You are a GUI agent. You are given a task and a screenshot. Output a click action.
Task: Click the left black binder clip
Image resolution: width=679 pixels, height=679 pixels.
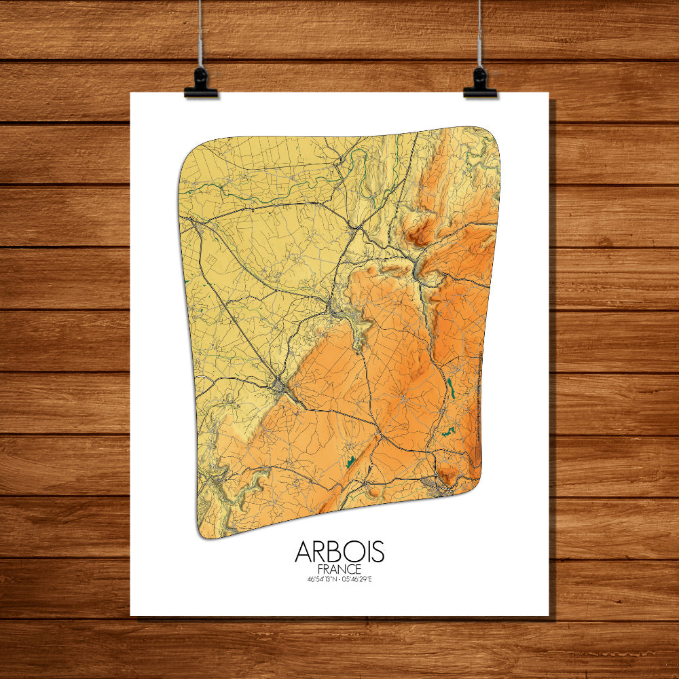click(201, 83)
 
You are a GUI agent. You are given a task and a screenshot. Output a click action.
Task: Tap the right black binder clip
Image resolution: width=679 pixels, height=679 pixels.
click(480, 83)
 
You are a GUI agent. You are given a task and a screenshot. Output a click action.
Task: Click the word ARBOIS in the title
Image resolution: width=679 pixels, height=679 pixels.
click(339, 552)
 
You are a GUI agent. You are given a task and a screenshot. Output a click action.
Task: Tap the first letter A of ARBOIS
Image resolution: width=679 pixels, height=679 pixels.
click(304, 552)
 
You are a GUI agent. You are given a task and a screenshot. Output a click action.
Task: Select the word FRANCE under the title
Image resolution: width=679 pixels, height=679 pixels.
click(339, 569)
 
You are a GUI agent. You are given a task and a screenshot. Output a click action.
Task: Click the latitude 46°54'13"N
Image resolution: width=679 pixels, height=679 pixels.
click(321, 579)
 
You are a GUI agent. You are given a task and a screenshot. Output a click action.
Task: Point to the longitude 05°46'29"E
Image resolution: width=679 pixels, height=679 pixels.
click(358, 579)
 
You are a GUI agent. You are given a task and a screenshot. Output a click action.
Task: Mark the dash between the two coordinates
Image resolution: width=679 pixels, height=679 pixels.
click(339, 579)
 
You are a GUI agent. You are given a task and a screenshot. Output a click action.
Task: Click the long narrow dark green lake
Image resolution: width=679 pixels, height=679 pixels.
click(449, 388)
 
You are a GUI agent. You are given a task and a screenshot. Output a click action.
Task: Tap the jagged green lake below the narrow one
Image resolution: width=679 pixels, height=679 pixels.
click(447, 430)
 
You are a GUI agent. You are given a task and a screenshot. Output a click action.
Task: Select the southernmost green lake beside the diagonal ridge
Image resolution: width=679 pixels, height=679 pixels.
click(351, 462)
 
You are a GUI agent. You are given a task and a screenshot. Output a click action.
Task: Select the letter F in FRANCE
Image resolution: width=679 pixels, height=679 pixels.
click(320, 569)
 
